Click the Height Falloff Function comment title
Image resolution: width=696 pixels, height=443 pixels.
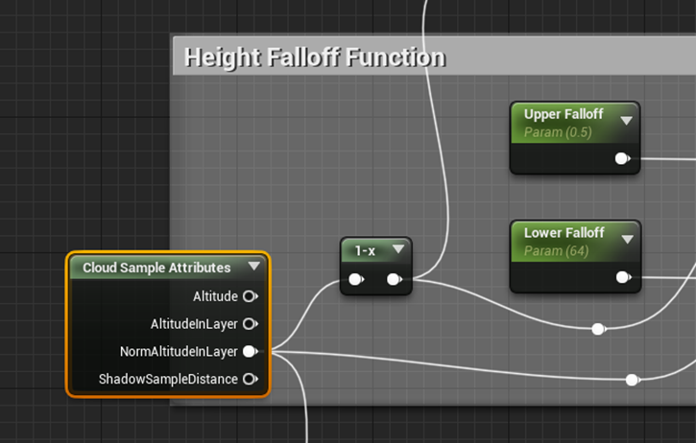[x=314, y=58]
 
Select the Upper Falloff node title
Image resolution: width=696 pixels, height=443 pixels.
[x=564, y=115]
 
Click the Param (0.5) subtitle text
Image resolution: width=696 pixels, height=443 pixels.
[x=557, y=132]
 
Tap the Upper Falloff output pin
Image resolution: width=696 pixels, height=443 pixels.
[x=622, y=158]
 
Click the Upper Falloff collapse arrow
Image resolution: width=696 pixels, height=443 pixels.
[x=627, y=121]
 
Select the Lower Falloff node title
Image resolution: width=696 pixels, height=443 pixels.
[x=564, y=233]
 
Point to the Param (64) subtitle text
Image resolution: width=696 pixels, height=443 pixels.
[x=556, y=251]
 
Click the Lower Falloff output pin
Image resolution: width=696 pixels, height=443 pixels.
[x=622, y=277]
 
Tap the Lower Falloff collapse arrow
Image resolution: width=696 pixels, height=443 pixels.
[x=627, y=239]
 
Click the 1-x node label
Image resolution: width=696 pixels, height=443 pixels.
[x=365, y=251]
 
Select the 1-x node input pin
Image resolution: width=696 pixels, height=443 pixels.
[x=355, y=280]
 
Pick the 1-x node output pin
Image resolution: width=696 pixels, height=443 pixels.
[x=394, y=280]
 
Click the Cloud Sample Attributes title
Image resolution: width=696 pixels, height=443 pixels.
[x=156, y=268]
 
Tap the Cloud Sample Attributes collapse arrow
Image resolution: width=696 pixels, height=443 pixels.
[x=253, y=267]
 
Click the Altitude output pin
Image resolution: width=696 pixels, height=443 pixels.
[x=250, y=296]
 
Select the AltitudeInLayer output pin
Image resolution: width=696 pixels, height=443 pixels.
[x=250, y=324]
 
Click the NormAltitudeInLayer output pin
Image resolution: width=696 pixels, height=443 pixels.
[x=250, y=352]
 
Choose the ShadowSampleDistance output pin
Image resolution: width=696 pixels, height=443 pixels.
[x=250, y=380]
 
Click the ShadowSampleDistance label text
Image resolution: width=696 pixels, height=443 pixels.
[x=168, y=380]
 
